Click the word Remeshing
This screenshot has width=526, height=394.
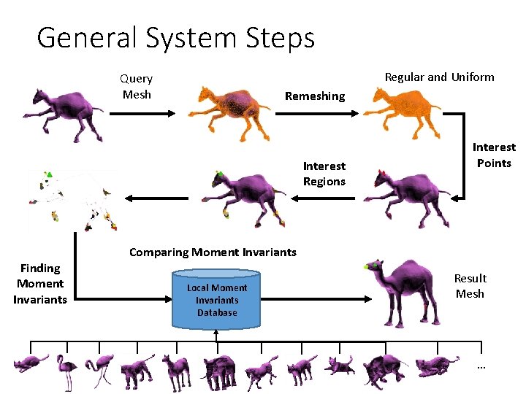(315, 96)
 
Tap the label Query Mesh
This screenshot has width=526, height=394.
(137, 86)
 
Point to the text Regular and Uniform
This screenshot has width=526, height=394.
(439, 77)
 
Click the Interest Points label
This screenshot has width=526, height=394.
(494, 155)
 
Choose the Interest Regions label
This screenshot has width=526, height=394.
(324, 174)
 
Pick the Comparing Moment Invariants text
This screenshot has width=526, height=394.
(213, 252)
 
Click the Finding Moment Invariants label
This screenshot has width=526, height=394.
(40, 284)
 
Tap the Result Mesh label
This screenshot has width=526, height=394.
(470, 286)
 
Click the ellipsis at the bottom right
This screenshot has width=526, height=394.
(481, 365)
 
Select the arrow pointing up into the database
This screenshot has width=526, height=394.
(217, 335)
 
